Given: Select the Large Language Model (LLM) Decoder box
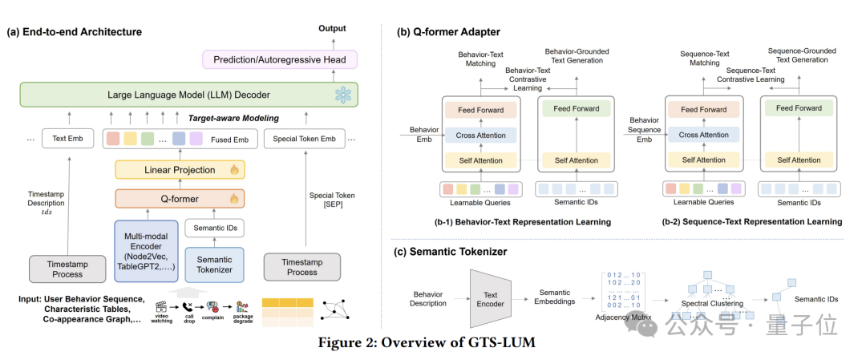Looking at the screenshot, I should (189, 96).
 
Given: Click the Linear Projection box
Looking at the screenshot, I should (180, 170).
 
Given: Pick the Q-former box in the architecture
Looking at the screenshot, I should (180, 198).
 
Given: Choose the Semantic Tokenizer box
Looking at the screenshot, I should (214, 264).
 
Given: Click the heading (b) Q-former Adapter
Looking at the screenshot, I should (448, 32).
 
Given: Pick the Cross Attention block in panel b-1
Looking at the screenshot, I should (481, 136).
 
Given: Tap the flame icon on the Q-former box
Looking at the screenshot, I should (234, 198).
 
